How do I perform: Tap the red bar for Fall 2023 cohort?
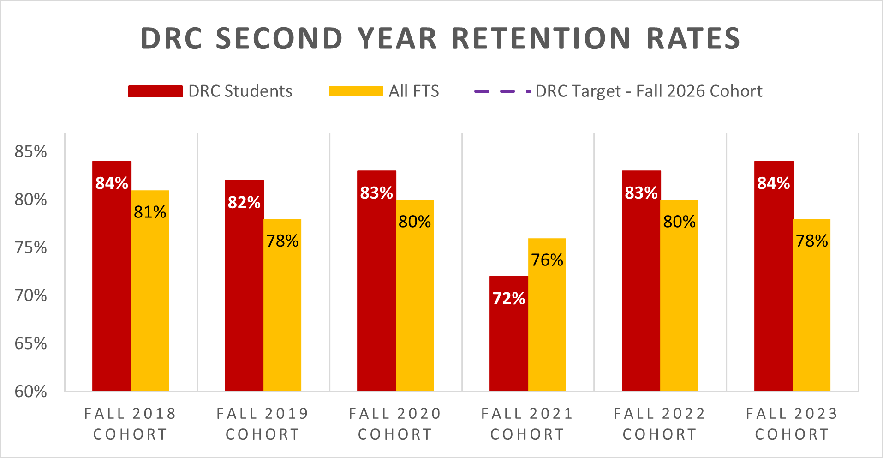point(773,286)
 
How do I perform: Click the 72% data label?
point(509,298)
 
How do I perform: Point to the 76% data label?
point(547,260)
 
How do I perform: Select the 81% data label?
point(150,212)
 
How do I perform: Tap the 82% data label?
point(244,202)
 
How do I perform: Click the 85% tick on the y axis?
point(30,151)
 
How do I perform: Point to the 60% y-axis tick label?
point(30,392)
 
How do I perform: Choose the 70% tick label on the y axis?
point(30,295)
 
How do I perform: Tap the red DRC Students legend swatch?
point(155,91)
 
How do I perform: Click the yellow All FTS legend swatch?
point(356,91)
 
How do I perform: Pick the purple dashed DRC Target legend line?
point(502,91)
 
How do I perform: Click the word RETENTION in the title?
point(541,38)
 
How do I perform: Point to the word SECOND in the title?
point(279,38)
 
